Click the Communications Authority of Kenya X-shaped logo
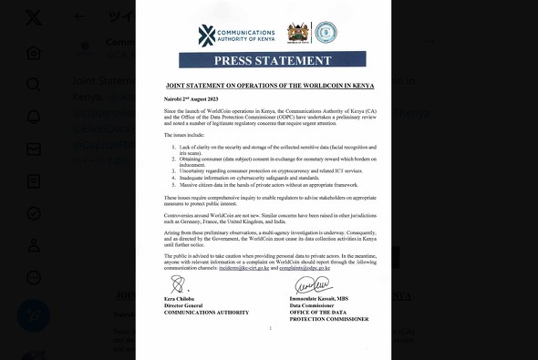(x=207, y=35)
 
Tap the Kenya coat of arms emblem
(x=298, y=34)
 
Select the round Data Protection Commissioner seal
(x=326, y=34)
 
